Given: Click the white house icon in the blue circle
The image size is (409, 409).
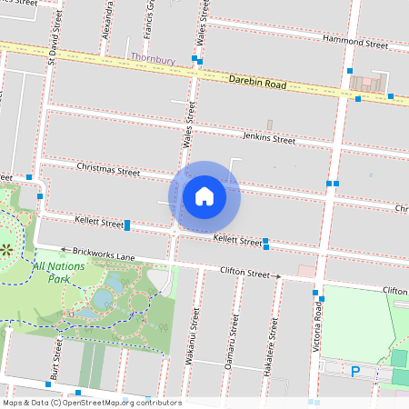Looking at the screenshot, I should point(204,195).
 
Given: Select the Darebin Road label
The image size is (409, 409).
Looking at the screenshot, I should point(257,83).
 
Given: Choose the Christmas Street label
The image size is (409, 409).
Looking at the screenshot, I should point(108,169).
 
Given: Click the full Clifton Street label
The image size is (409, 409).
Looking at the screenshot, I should point(245,272).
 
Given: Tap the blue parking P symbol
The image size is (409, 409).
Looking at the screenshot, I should point(355,370).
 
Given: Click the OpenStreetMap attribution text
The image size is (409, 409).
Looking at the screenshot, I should point(91,402).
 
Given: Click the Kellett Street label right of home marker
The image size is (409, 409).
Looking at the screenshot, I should point(237,240).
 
